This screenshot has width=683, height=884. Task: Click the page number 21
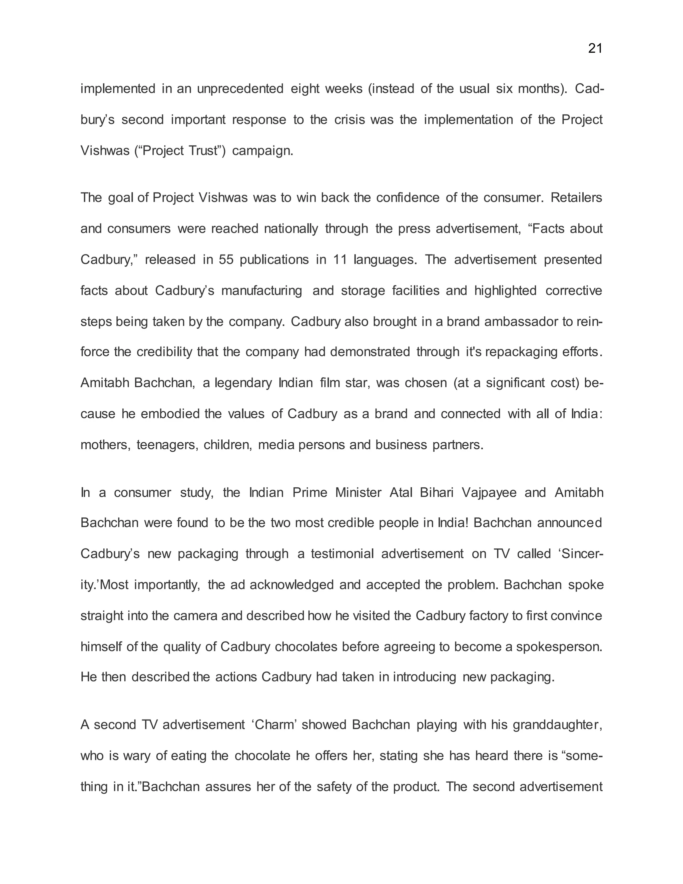(595, 49)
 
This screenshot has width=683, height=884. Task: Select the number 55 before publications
(226, 260)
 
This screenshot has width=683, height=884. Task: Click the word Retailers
(577, 197)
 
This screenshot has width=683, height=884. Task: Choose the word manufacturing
(261, 291)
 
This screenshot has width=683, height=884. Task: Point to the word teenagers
(166, 445)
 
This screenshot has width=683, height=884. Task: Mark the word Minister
(358, 493)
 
